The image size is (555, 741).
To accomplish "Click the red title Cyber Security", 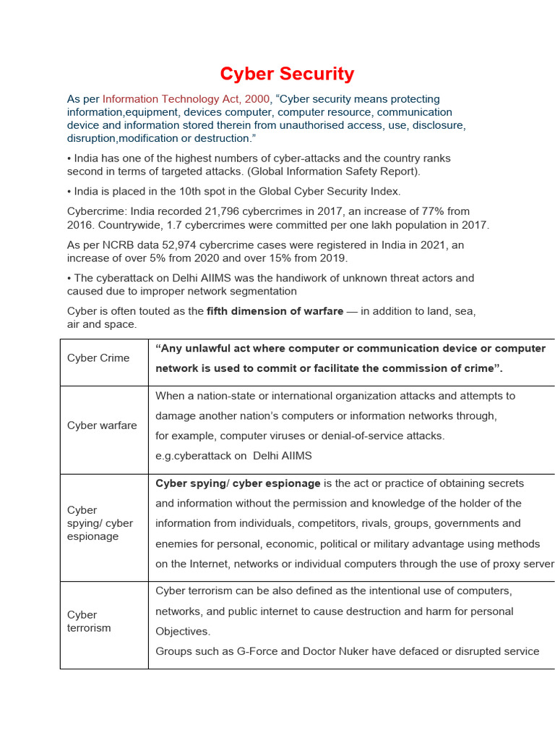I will point(287,74).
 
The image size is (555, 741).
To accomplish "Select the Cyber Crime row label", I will point(98,358).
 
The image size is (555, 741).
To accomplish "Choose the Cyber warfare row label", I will point(102,425).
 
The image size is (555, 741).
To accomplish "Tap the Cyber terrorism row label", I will point(89,622).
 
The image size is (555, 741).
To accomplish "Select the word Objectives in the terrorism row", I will point(183,631).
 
